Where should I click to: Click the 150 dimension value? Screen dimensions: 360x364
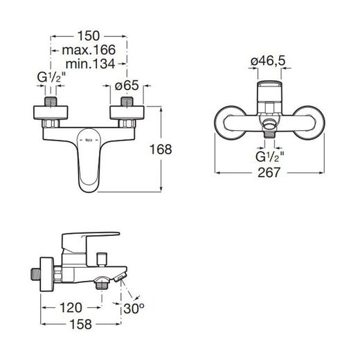pyautogui.click(x=89, y=36)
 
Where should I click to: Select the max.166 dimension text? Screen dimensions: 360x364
pyautogui.click(x=89, y=50)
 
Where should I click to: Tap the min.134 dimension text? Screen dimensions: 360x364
pyautogui.click(x=91, y=64)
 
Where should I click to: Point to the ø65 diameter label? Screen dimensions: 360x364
pyautogui.click(x=127, y=85)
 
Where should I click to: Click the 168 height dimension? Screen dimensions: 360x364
pyautogui.click(x=161, y=149)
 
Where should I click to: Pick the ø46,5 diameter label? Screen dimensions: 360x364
pyautogui.click(x=268, y=61)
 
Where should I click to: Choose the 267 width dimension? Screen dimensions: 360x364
pyautogui.click(x=269, y=172)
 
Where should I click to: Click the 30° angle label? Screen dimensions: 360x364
pyautogui.click(x=134, y=308)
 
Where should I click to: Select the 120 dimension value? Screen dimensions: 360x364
pyautogui.click(x=71, y=307)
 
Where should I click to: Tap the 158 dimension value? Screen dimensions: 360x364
pyautogui.click(x=81, y=324)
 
